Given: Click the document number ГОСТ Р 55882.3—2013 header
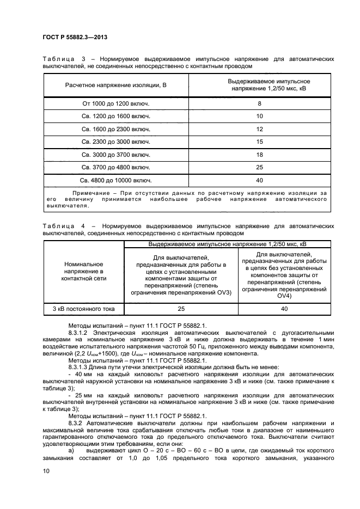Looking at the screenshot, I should tap(74, 36).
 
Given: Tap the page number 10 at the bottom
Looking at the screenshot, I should tap(46, 472).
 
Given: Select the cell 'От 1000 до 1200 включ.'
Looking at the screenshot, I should tap(115, 103).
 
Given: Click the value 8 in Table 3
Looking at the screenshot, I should tap(259, 103).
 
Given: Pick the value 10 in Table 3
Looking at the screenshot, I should tap(259, 116).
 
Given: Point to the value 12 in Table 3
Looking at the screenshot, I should tap(259, 129).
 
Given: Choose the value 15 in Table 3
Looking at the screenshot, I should tap(259, 142).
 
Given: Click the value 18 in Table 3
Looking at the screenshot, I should tap(259, 155).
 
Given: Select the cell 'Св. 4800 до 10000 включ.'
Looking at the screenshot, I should tap(115, 180).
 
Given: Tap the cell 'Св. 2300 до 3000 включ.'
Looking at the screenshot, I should tap(115, 142).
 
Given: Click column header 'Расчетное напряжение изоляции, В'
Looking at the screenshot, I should tap(115, 85).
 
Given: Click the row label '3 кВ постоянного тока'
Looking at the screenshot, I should tap(84, 309).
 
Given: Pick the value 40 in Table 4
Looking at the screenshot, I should tap(284, 309).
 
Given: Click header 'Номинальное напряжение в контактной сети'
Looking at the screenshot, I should tap(84, 271).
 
